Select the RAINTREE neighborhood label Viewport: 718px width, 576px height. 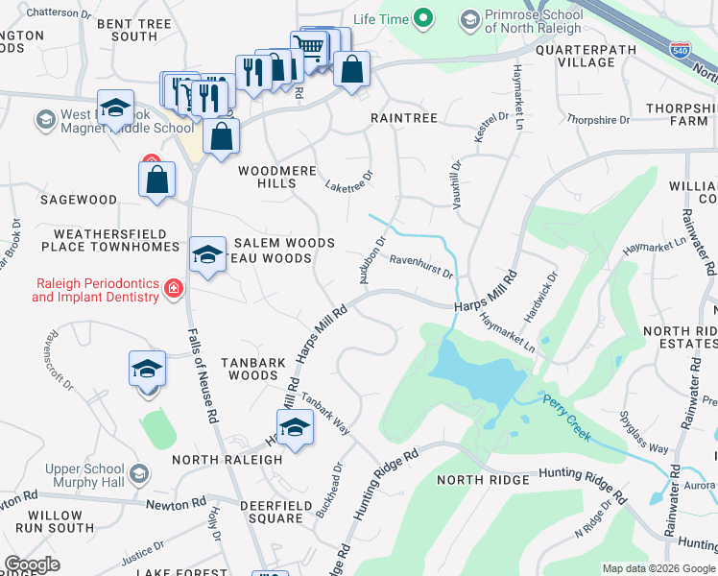point(404,118)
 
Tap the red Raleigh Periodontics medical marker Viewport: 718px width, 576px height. point(174,289)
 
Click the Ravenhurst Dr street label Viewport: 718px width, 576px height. point(420,266)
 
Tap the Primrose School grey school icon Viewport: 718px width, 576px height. point(469,19)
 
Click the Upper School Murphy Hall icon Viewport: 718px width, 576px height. point(139,474)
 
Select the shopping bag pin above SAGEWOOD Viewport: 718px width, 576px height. point(156,179)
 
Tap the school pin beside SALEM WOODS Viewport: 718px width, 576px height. point(207,254)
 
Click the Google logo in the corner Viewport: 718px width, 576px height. point(33,564)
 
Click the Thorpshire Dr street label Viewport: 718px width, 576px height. point(598,120)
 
